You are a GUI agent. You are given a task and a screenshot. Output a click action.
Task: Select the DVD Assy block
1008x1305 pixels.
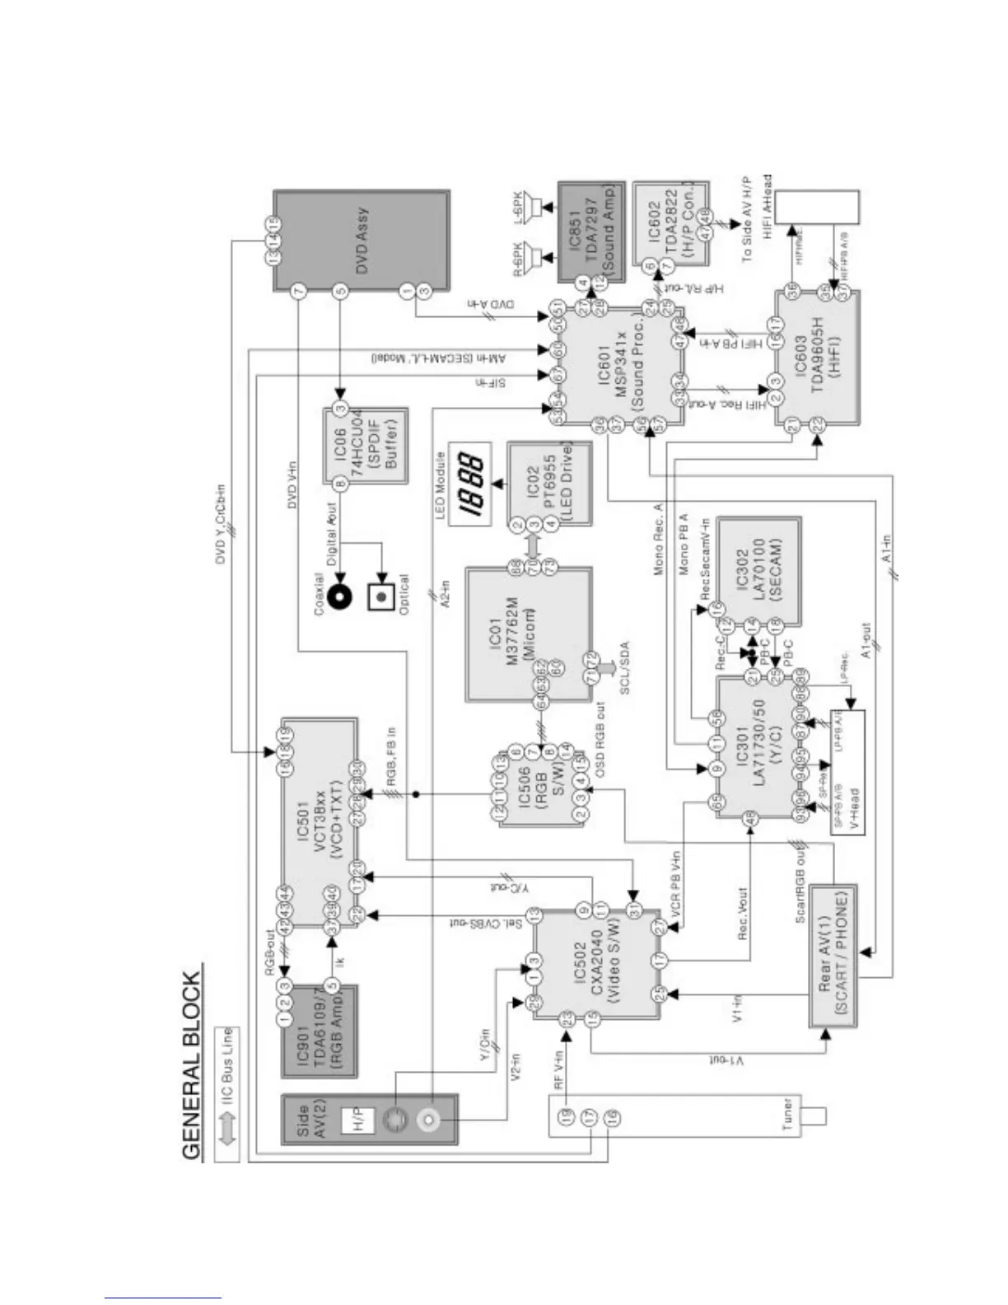[x=362, y=241]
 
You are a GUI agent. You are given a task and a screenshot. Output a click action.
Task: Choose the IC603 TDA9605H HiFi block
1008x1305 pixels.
[x=818, y=358]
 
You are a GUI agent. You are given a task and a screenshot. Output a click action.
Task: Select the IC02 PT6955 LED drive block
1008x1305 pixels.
[x=549, y=484]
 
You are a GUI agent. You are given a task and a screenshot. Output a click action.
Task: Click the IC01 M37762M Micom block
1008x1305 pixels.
[x=529, y=633]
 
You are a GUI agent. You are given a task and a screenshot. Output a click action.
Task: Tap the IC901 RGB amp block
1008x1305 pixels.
[x=320, y=1031]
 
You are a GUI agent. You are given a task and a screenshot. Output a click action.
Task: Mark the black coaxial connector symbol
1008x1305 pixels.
[x=340, y=596]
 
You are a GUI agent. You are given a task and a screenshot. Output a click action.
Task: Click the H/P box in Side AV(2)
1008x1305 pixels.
[x=358, y=1120]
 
